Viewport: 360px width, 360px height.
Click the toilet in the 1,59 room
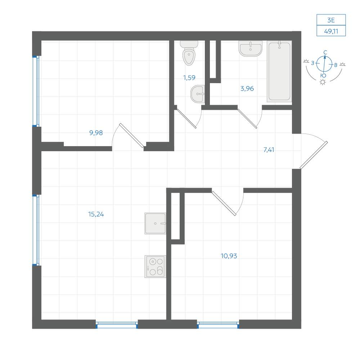pyautogui.click(x=189, y=53)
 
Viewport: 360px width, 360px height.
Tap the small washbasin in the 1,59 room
pyautogui.click(x=198, y=94)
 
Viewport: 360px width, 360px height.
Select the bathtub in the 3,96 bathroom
pyautogui.click(x=279, y=71)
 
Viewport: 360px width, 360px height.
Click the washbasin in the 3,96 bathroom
pyautogui.click(x=250, y=49)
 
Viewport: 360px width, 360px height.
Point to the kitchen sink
pyautogui.click(x=155, y=224)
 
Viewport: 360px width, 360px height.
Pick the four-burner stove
pyautogui.click(x=155, y=266)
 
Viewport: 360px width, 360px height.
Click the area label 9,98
pyautogui.click(x=96, y=133)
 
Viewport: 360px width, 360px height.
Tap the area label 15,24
pyautogui.click(x=96, y=214)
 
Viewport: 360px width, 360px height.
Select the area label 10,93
pyautogui.click(x=229, y=256)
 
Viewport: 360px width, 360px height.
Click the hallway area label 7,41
pyautogui.click(x=269, y=150)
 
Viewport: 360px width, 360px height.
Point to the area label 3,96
pyautogui.click(x=247, y=89)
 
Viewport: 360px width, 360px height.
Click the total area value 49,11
pyautogui.click(x=331, y=31)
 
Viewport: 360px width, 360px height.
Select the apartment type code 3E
pyautogui.click(x=331, y=20)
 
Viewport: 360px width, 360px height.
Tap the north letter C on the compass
pyautogui.click(x=325, y=53)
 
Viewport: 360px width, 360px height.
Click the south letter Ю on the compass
pyautogui.click(x=323, y=76)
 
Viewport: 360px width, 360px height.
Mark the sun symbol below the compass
pyautogui.click(x=323, y=82)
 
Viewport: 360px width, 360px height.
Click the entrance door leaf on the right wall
pyautogui.click(x=314, y=155)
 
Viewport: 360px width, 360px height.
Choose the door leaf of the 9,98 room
pyautogui.click(x=132, y=135)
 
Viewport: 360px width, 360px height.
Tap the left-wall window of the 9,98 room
pyautogui.click(x=36, y=91)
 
